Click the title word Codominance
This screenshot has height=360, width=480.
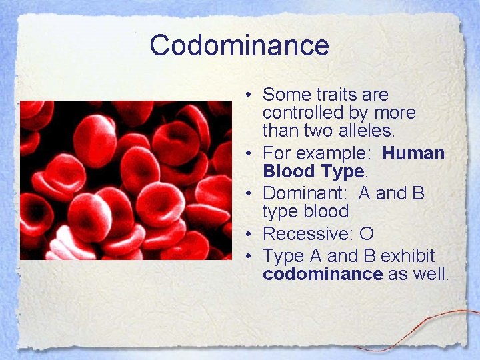pos(239,45)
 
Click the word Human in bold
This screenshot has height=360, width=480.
pos(413,153)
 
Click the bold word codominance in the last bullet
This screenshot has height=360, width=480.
pos(323,274)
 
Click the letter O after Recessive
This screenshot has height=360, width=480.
pos(366,234)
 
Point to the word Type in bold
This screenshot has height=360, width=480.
pos(342,171)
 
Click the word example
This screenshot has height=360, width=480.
pos(333,154)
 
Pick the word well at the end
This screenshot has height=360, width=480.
pos(431,274)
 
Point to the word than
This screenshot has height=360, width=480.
pos(279,131)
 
